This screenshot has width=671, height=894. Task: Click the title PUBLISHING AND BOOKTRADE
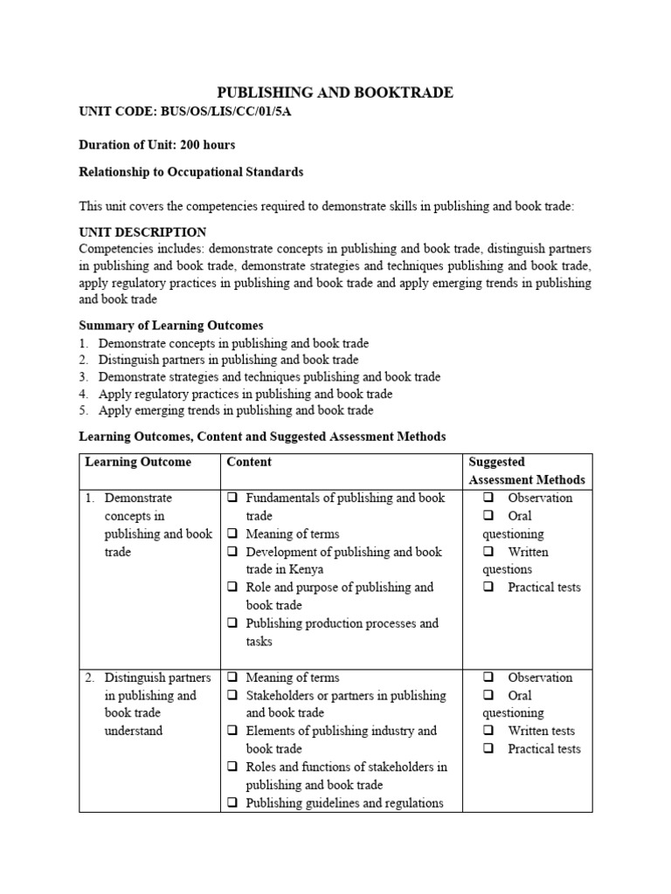click(x=335, y=93)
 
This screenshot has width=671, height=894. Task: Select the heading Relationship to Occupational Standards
click(x=191, y=172)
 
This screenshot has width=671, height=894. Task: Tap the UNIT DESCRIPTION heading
click(x=142, y=232)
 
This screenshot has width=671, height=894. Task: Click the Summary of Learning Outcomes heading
click(x=170, y=326)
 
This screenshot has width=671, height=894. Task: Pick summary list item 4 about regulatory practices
click(x=245, y=394)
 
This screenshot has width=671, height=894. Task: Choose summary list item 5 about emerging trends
click(x=235, y=410)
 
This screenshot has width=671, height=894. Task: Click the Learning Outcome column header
click(x=138, y=462)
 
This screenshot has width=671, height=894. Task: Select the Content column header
click(x=249, y=462)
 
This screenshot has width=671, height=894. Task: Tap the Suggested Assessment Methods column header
click(x=526, y=471)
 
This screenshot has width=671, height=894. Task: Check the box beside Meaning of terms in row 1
click(x=233, y=533)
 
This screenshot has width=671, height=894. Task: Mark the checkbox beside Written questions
click(x=489, y=552)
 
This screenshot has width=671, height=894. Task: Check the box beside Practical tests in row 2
click(x=489, y=749)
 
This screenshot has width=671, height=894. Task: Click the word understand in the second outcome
click(x=133, y=731)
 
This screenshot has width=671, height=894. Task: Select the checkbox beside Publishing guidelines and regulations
click(x=233, y=803)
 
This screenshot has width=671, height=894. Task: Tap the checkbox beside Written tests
click(x=489, y=731)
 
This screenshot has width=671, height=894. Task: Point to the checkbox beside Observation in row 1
click(x=489, y=498)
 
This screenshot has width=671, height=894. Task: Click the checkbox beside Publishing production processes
click(x=233, y=623)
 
